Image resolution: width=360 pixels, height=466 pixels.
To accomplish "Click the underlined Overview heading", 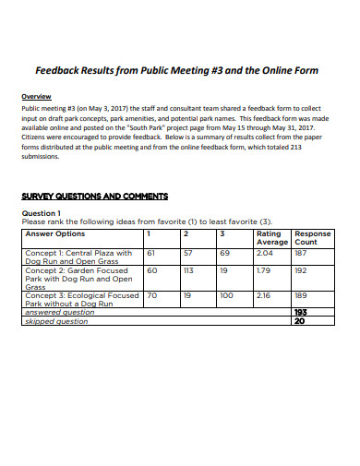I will point(37,97).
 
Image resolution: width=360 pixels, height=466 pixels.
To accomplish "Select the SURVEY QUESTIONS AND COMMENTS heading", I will point(94,197).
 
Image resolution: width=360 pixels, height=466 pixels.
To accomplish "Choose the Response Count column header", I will point(312,238).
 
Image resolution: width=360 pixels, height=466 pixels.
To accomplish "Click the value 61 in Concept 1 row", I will point(151,252).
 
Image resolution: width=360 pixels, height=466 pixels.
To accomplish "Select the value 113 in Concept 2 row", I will point(189,270).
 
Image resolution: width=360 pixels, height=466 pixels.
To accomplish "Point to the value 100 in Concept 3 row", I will point(226,296).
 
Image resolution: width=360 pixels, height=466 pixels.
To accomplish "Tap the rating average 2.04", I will point(265,252).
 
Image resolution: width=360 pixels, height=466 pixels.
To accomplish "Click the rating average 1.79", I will point(264,270).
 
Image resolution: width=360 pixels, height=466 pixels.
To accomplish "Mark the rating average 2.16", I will point(264,296).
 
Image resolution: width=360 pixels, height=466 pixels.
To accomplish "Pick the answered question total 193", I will point(300,312).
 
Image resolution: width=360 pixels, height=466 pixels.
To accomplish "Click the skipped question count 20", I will point(298,321).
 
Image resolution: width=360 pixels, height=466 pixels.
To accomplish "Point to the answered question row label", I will point(59,312).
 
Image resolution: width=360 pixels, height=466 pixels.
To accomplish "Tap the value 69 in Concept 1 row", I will point(224,252).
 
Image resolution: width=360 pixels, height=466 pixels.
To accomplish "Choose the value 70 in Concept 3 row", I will point(152,296).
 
